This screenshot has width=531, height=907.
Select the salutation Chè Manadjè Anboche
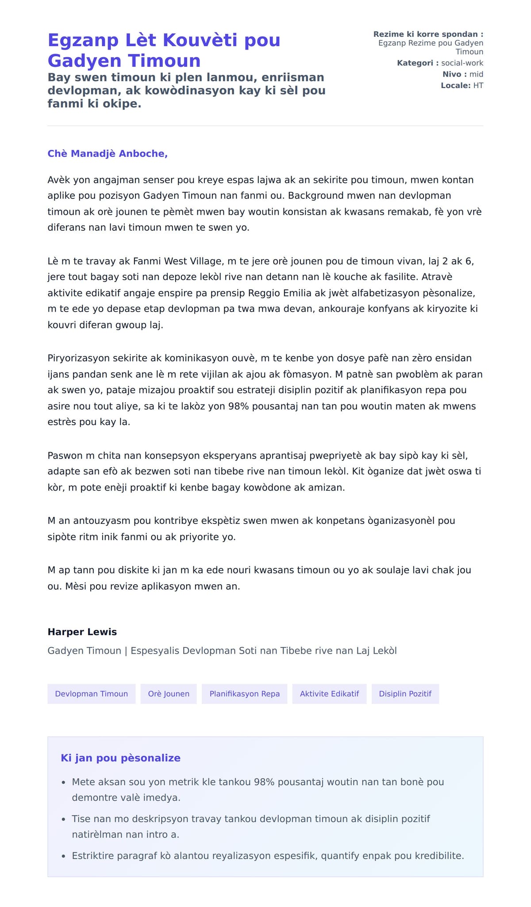pyautogui.click(x=108, y=154)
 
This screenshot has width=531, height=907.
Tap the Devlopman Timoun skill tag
pyautogui.click(x=92, y=694)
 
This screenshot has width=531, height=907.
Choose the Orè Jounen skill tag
pyautogui.click(x=169, y=694)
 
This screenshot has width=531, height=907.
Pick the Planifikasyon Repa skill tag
pyautogui.click(x=244, y=694)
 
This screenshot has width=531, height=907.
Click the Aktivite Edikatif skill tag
pyautogui.click(x=329, y=694)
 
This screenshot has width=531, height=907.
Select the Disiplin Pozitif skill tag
pyautogui.click(x=405, y=694)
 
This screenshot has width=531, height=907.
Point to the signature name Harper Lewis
pyautogui.click(x=82, y=632)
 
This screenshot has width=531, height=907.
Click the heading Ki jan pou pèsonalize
pyautogui.click(x=120, y=758)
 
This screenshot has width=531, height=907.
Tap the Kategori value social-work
pyautogui.click(x=462, y=63)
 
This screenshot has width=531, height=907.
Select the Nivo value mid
pyautogui.click(x=476, y=74)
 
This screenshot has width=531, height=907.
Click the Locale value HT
pyautogui.click(x=478, y=85)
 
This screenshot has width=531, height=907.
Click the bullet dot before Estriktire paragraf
pyautogui.click(x=64, y=856)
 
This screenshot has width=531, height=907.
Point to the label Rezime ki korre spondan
pyautogui.click(x=428, y=34)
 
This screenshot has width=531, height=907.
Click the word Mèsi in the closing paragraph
pyautogui.click(x=76, y=586)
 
